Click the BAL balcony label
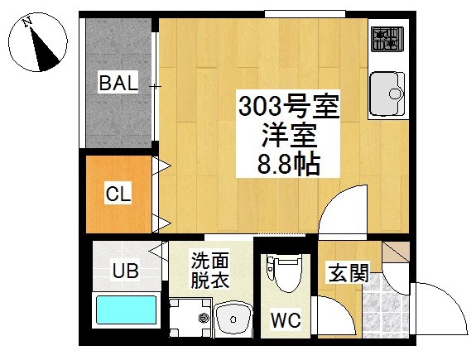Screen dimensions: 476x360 (118, 82)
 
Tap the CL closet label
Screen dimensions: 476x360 (118, 193)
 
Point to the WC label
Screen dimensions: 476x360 (286, 319)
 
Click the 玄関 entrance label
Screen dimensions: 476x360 (349, 272)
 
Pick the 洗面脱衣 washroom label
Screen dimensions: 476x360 (209, 270)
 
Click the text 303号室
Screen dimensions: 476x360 (289, 106)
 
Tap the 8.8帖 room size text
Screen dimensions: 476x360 (289, 164)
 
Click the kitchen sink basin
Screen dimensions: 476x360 (387, 95)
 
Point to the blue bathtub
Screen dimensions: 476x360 (127, 310)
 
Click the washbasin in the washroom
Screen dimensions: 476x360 (233, 319)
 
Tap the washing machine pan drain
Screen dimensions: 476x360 (203, 318)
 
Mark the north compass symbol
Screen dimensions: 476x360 (37, 42)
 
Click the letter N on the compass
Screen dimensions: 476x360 (27, 22)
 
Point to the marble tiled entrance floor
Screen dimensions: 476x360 (386, 306)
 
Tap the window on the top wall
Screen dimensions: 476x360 (305, 14)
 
